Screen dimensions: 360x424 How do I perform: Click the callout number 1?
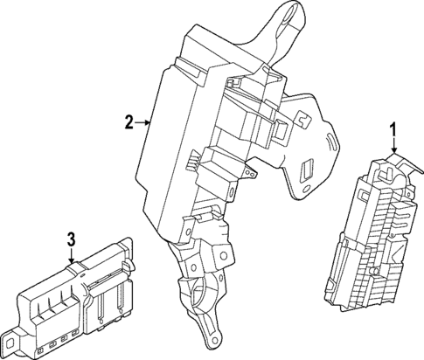click(x=393, y=132)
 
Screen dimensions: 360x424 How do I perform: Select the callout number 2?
click(x=129, y=124)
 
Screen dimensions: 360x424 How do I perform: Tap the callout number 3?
click(x=72, y=238)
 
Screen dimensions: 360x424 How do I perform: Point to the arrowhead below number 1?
click(x=393, y=154)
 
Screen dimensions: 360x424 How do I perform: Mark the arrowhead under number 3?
click(x=72, y=260)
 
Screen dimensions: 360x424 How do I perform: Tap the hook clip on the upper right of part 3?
click(x=127, y=266)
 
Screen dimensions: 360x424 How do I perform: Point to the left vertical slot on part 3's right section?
click(x=102, y=307)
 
